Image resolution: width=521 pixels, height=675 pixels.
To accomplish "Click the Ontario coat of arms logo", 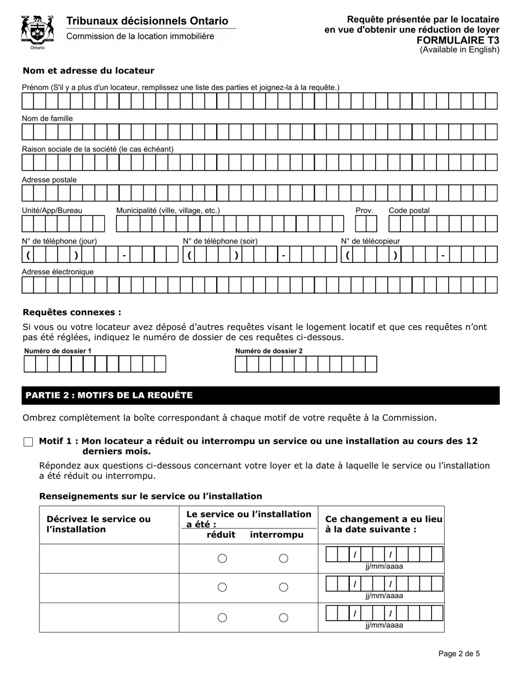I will (37, 32).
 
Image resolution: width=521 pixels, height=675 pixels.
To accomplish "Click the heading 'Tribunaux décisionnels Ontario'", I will (147, 21).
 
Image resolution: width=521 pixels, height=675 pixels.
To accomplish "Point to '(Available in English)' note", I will (460, 49).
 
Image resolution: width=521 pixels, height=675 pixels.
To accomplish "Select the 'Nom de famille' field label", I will (47, 119).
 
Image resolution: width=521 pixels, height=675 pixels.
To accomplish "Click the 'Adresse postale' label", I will (49, 180).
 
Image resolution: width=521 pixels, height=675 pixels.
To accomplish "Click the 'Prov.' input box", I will (366, 224).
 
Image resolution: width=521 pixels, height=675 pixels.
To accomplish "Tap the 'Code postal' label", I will (409, 211).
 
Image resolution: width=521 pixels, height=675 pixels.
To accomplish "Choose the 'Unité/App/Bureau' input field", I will (63, 224).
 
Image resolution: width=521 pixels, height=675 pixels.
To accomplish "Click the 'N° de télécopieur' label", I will (370, 241).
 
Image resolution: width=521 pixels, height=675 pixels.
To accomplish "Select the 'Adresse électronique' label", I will (58, 272).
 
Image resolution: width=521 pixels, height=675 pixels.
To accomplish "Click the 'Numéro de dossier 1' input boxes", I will (94, 364).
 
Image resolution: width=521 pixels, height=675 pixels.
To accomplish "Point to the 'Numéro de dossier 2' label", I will (269, 351).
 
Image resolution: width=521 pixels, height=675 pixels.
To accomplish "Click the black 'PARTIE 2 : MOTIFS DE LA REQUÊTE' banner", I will (260, 396).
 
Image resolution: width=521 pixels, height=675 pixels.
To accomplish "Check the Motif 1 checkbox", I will (29, 442).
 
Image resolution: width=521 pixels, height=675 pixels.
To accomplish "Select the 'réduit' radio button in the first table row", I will (222, 559).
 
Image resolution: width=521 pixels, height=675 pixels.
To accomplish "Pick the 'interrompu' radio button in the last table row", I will (284, 617).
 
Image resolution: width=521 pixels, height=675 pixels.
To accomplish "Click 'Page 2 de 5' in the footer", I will (459, 654).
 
